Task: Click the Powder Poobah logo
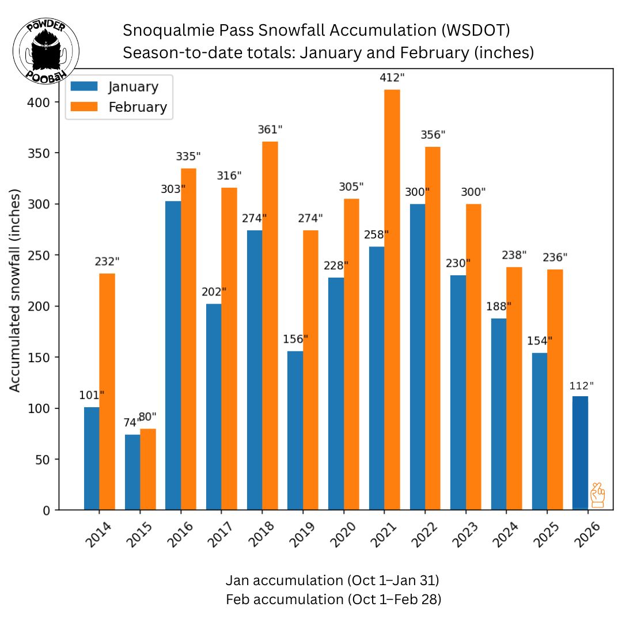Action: (46, 51)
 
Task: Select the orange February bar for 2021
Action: (392, 299)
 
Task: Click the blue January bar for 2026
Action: (580, 453)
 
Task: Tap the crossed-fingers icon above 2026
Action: (598, 495)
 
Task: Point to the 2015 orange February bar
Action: (148, 469)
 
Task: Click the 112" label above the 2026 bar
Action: (581, 386)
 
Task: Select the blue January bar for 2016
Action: (173, 355)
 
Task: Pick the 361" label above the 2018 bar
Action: (270, 130)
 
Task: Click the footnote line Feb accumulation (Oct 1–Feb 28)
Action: (333, 599)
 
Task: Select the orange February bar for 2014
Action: (107, 392)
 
